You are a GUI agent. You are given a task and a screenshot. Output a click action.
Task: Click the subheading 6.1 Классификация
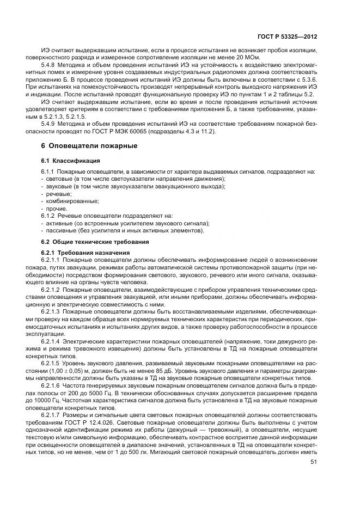click(x=66, y=161)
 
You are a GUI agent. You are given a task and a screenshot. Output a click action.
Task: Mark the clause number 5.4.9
click(x=64, y=124)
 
